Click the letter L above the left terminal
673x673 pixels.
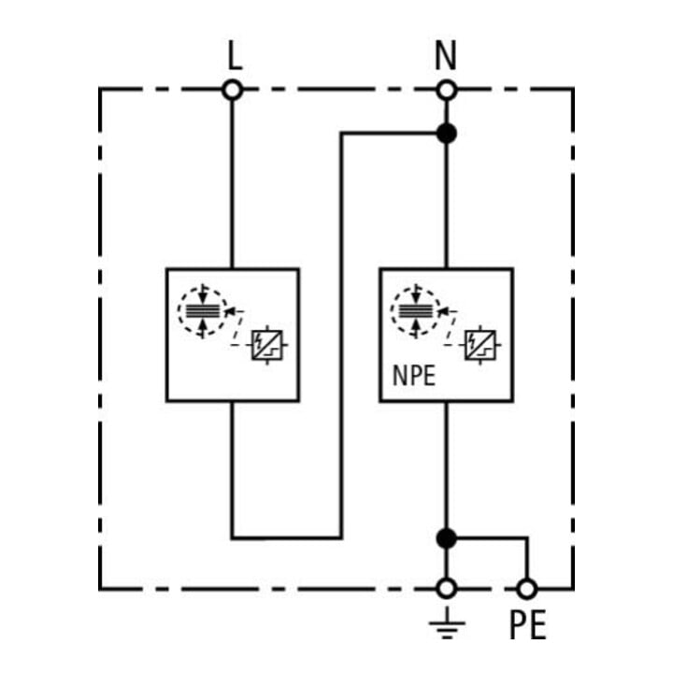235,56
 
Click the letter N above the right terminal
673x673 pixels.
446,56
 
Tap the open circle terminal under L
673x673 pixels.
233,91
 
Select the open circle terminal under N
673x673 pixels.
447,91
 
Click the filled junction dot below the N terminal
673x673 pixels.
447,134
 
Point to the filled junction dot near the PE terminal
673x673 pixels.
447,538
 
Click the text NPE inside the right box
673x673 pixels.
414,376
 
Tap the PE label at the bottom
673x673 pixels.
527,625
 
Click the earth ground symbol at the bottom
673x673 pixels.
447,623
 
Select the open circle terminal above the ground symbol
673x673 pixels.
447,589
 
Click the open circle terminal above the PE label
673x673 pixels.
526,589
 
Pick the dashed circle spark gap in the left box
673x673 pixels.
203,311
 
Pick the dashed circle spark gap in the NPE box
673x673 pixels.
415,311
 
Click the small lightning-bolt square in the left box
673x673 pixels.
267,345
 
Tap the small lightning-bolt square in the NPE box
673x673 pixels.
480,345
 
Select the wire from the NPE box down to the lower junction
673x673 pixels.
447,465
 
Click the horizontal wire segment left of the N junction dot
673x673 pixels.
389,134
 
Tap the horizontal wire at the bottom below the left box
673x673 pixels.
287,537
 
